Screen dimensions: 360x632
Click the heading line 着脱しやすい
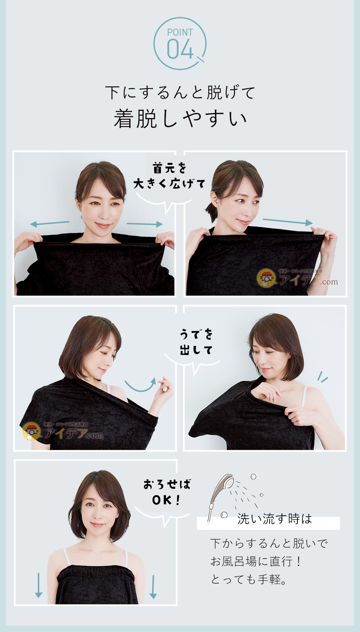coord(180,119)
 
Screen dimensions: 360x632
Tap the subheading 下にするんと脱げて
coord(180,92)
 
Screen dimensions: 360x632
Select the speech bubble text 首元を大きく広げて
coord(169,176)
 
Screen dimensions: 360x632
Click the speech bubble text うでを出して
coord(196,342)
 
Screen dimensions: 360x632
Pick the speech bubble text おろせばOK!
coord(167,492)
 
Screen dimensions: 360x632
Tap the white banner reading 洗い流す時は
coord(268,523)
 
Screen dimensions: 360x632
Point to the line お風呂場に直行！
coord(256,561)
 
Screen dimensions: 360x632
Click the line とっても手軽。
coord(249,579)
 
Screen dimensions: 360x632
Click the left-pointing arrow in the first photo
coord(50,224)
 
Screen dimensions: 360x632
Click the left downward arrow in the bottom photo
coord(39,585)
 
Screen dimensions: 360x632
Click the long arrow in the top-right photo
coord(288,221)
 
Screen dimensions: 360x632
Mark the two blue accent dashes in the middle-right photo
coord(322,376)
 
